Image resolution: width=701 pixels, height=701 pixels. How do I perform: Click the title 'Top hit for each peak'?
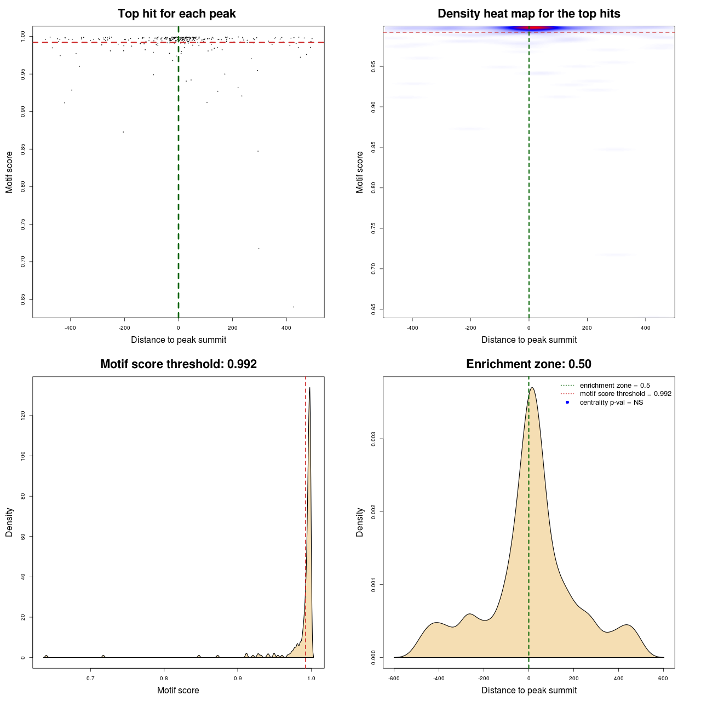[176, 14]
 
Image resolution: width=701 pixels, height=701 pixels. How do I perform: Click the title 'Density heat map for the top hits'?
[528, 14]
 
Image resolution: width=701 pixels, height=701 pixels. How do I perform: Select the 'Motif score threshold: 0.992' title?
[179, 364]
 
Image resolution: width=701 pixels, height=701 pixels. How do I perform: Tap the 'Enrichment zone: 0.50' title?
[528, 364]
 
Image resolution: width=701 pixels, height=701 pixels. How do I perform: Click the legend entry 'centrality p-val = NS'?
[611, 403]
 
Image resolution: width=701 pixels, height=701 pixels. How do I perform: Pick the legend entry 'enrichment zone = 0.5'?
[614, 386]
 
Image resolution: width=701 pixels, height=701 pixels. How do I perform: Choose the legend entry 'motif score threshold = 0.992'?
[625, 394]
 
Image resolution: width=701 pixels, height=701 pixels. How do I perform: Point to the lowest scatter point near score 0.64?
[294, 307]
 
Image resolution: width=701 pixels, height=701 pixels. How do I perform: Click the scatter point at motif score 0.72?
[258, 249]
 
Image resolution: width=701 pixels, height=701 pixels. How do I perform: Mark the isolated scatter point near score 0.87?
[123, 132]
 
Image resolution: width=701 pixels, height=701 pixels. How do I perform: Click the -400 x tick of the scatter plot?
[70, 328]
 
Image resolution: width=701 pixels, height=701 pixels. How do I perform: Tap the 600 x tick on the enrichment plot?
[663, 679]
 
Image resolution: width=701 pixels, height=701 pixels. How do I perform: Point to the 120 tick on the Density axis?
[23, 416]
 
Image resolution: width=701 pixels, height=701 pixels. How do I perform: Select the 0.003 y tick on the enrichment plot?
[374, 439]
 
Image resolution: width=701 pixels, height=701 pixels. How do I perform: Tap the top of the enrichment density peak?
[531, 388]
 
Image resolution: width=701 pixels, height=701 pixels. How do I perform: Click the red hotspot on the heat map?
[529, 28]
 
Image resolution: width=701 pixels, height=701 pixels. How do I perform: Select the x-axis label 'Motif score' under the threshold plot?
[178, 690]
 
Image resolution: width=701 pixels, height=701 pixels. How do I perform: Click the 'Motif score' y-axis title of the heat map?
[360, 172]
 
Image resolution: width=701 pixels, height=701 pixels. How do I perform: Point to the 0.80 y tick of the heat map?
[374, 188]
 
